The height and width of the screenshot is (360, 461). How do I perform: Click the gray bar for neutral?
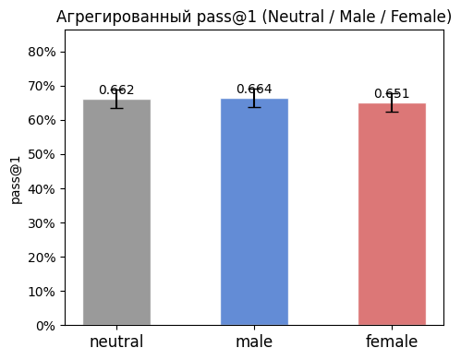click(x=116, y=212)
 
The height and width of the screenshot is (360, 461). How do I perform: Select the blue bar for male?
click(x=254, y=212)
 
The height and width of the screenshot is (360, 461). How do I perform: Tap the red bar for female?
click(x=392, y=214)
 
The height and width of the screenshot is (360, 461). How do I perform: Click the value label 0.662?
click(x=116, y=90)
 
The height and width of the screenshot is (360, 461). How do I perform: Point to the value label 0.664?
click(x=254, y=90)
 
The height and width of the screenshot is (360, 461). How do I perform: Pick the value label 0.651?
click(x=392, y=94)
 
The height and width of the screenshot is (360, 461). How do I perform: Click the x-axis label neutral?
click(x=116, y=342)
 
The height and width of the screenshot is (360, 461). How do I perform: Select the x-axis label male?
click(x=254, y=342)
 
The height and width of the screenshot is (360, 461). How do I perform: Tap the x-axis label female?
click(x=392, y=342)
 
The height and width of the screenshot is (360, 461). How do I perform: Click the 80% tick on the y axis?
click(x=42, y=52)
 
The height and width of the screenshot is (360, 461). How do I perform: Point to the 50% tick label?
click(x=42, y=154)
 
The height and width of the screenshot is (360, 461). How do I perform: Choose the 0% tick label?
click(x=46, y=326)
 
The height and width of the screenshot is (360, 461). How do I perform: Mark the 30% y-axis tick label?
click(x=42, y=222)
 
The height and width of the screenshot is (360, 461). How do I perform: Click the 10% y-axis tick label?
click(x=42, y=292)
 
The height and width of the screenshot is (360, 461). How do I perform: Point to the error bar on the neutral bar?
click(x=116, y=100)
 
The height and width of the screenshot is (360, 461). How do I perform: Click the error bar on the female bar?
click(x=392, y=103)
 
